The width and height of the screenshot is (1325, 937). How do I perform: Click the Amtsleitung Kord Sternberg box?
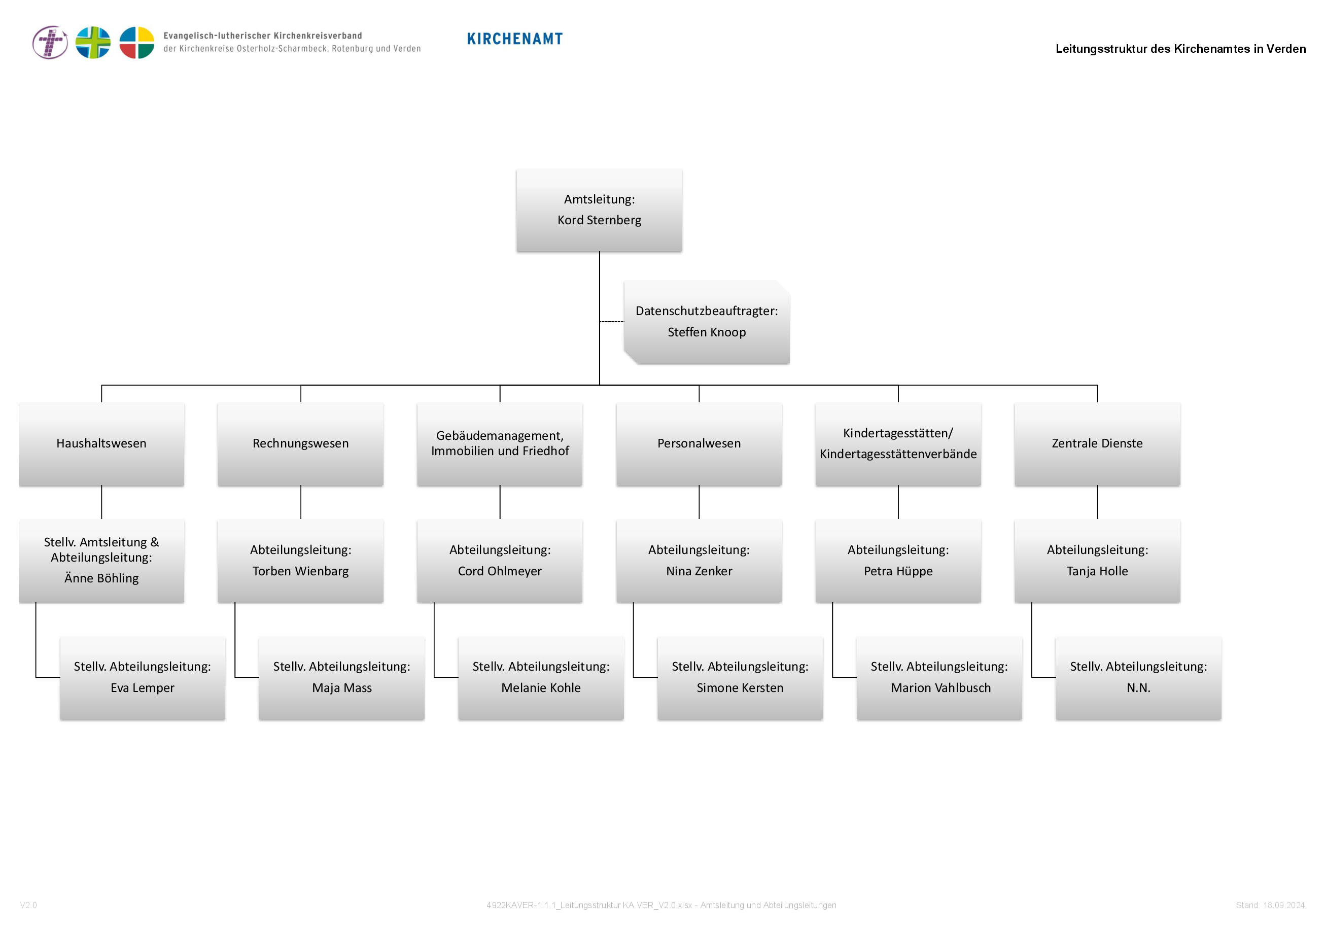pyautogui.click(x=599, y=210)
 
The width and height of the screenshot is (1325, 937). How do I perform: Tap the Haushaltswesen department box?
pyautogui.click(x=101, y=444)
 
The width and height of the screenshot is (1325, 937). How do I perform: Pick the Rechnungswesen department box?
pyautogui.click(x=301, y=444)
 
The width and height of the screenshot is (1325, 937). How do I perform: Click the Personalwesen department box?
pyautogui.click(x=699, y=444)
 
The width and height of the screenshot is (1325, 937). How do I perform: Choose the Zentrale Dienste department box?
pyautogui.click(x=1097, y=444)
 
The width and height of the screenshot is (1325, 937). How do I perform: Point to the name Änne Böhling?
pyautogui.click(x=101, y=578)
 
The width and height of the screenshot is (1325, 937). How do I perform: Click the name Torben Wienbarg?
pyautogui.click(x=301, y=571)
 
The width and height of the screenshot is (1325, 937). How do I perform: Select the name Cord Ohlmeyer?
pyautogui.click(x=500, y=571)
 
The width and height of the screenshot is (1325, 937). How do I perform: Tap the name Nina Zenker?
pyautogui.click(x=699, y=571)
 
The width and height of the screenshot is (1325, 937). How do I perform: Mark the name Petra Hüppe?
pyautogui.click(x=898, y=571)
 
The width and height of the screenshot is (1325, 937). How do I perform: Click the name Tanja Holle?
pyautogui.click(x=1097, y=571)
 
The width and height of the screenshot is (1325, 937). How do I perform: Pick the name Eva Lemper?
pyautogui.click(x=143, y=688)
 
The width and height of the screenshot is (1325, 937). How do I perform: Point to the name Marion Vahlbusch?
pyautogui.click(x=940, y=688)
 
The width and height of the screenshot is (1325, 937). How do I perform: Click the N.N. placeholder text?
pyautogui.click(x=1138, y=688)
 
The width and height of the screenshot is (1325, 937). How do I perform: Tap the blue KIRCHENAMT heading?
pyautogui.click(x=515, y=39)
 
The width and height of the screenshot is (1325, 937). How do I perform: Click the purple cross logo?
pyautogui.click(x=50, y=42)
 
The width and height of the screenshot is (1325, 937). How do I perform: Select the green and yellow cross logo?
pyautogui.click(x=93, y=42)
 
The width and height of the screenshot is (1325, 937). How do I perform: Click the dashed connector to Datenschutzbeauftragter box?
pyautogui.click(x=612, y=321)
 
